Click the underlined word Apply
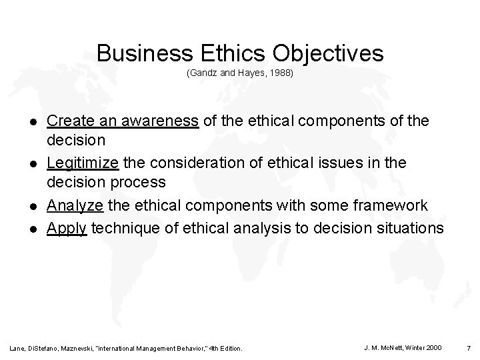tap(67, 227)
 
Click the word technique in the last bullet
tap(123, 227)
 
